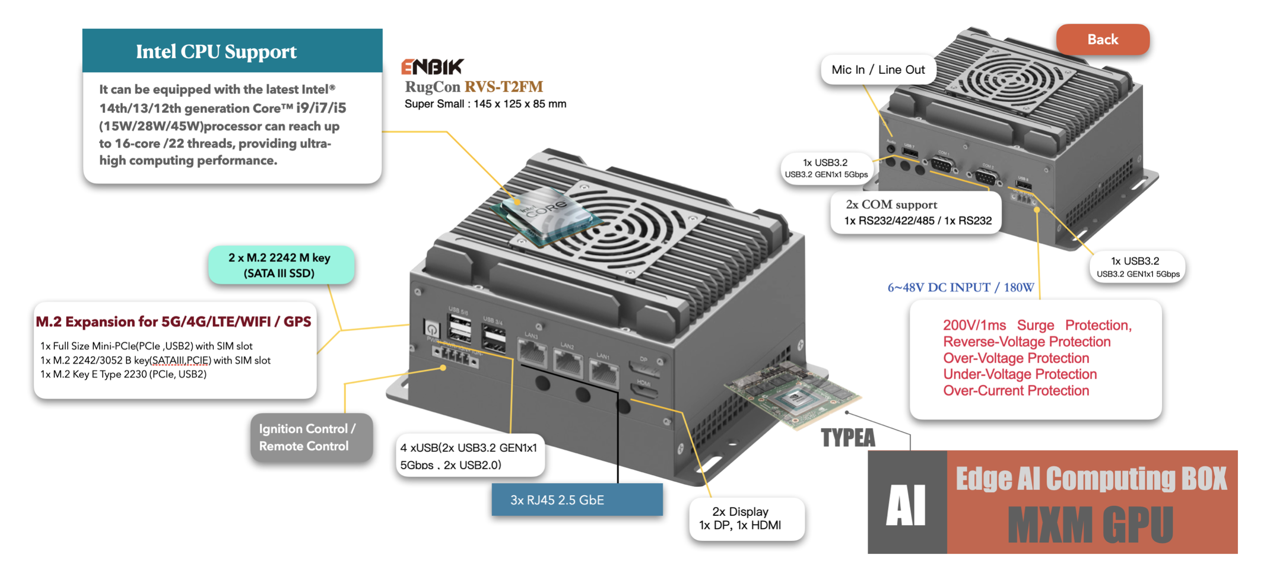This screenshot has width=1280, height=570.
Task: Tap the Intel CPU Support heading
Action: (216, 52)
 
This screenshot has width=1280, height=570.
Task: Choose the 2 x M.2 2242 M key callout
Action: (280, 265)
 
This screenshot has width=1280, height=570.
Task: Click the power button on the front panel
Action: (431, 329)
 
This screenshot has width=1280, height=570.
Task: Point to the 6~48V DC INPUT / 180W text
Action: (960, 288)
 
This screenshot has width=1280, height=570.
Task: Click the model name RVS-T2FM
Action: (503, 87)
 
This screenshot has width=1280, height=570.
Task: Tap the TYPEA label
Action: (847, 438)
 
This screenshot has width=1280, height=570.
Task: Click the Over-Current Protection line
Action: (1015, 390)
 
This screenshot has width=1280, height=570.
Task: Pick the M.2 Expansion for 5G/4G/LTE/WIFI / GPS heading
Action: (173, 322)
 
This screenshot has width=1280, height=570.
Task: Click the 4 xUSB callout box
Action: (469, 455)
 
